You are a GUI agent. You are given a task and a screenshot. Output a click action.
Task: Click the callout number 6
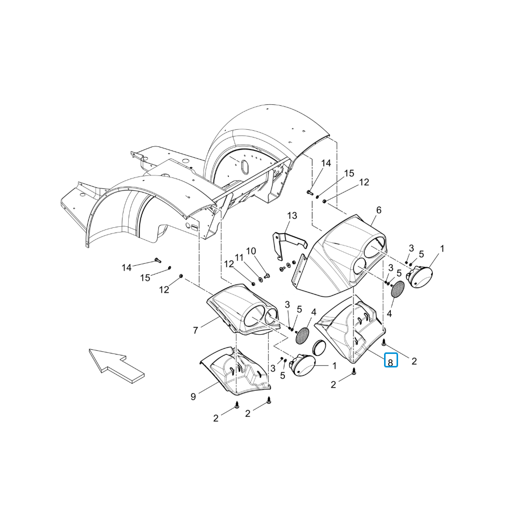tap(379, 210)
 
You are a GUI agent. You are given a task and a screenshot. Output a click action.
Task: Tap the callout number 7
tap(195, 330)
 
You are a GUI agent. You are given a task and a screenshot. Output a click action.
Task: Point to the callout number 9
tap(193, 397)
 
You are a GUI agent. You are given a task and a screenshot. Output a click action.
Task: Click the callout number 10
tap(251, 251)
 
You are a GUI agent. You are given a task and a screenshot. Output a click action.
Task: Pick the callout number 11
tap(239, 257)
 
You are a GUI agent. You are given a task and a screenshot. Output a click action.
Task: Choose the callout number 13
tap(292, 216)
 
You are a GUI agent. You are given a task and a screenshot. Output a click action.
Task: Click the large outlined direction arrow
tap(116, 365)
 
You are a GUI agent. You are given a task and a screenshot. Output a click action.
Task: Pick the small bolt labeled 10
tap(267, 275)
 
